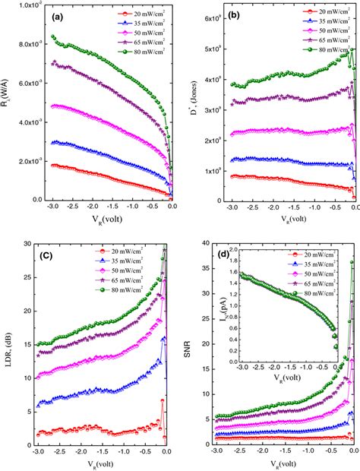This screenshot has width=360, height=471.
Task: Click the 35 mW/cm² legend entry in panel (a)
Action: [139, 24]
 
